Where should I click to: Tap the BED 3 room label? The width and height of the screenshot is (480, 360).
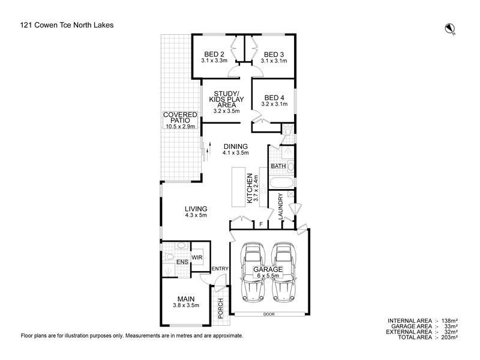274,53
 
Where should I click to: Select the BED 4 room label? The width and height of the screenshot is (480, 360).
274,98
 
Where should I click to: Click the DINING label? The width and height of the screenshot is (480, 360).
235,146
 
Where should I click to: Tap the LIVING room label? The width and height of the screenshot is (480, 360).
196,209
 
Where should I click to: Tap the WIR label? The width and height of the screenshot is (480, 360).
197,257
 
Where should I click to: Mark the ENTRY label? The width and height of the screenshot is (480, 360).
220,268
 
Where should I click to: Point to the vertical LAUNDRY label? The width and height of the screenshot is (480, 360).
280,206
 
